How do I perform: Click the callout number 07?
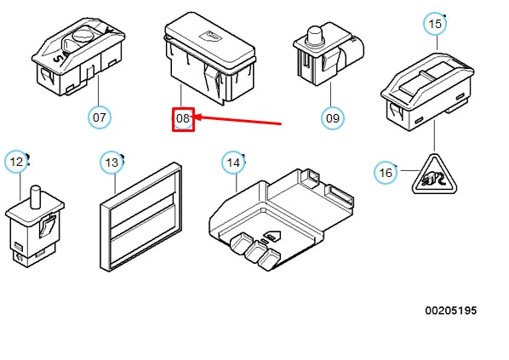[100, 117]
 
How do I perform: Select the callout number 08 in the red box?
[183, 118]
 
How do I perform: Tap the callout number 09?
[333, 118]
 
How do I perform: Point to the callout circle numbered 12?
[16, 162]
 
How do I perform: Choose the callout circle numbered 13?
[112, 163]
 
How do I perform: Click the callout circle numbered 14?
[233, 163]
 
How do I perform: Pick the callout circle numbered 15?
[435, 24]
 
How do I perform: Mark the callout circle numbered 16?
[386, 173]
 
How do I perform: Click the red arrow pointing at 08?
[237, 120]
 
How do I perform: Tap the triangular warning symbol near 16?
[434, 175]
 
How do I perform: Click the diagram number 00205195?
[451, 311]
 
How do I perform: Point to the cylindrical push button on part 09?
[314, 34]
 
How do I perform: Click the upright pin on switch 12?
[35, 197]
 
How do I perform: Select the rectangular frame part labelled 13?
[141, 216]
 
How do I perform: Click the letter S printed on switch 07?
[58, 59]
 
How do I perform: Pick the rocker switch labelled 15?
[427, 92]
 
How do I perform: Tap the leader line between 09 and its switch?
[331, 94]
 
